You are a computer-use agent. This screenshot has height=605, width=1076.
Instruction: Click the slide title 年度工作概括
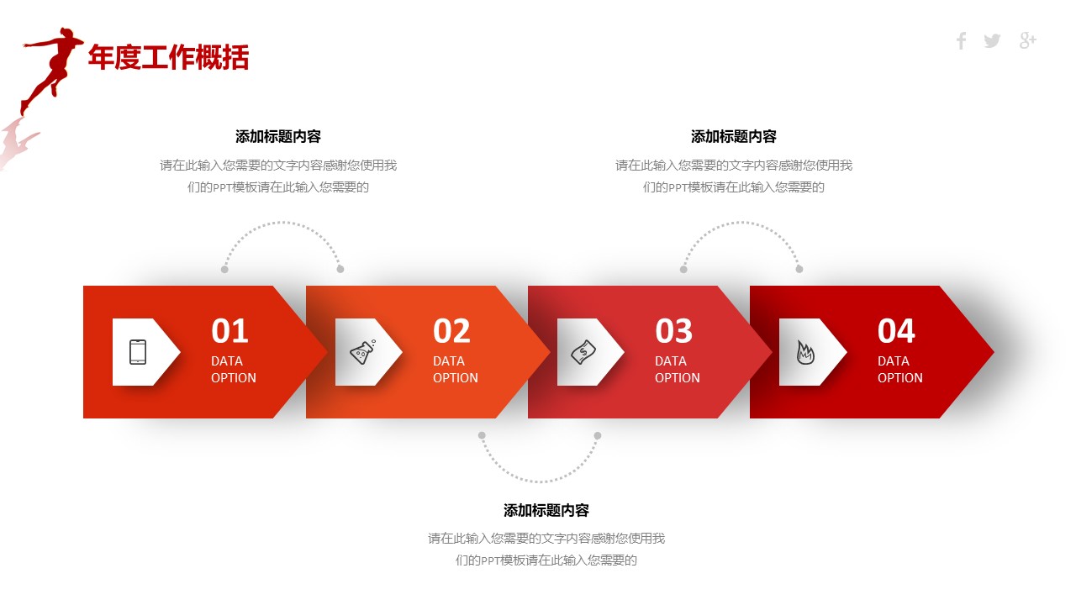pyautogui.click(x=169, y=58)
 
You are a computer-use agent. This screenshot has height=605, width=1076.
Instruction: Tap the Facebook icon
pyautogui.click(x=961, y=41)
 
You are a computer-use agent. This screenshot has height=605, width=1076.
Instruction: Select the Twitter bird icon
pyautogui.click(x=992, y=41)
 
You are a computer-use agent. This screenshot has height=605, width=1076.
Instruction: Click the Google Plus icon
pyautogui.click(x=1027, y=41)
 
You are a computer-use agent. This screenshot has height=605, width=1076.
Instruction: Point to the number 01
pyautogui.click(x=229, y=331)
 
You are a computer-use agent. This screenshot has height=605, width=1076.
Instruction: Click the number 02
pyautogui.click(x=451, y=331)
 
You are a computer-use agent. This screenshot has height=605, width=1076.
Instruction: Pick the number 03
pyautogui.click(x=674, y=331)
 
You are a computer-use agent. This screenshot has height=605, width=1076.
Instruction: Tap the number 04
pyautogui.click(x=896, y=331)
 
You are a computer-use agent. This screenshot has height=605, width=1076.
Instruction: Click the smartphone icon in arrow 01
pyautogui.click(x=138, y=352)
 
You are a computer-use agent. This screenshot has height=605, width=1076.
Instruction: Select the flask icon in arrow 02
pyautogui.click(x=362, y=352)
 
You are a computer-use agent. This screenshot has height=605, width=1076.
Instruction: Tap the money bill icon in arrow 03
pyautogui.click(x=583, y=352)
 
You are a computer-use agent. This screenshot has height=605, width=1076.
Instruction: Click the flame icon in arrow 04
pyautogui.click(x=805, y=352)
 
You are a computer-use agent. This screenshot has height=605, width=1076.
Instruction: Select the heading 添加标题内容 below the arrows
pyautogui.click(x=546, y=510)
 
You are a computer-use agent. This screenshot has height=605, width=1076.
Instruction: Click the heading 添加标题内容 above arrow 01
pyautogui.click(x=278, y=136)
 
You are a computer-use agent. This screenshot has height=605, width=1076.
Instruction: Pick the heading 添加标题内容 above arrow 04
pyautogui.click(x=734, y=136)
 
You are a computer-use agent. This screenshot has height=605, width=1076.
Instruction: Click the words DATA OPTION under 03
pyautogui.click(x=678, y=369)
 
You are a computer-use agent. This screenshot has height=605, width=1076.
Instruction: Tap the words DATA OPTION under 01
pyautogui.click(x=234, y=369)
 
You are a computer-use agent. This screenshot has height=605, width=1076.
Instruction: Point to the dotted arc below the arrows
pyautogui.click(x=539, y=481)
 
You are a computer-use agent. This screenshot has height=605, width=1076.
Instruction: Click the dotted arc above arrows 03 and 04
pyautogui.click(x=742, y=223)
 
